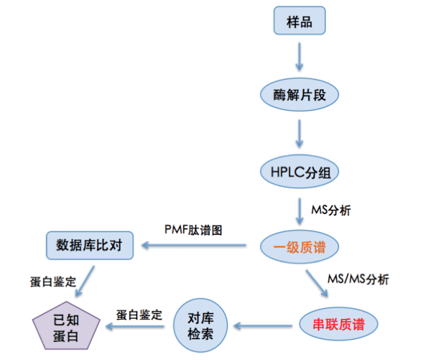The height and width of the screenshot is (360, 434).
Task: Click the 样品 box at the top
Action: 299,21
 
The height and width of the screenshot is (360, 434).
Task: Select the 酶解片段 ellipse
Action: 299,95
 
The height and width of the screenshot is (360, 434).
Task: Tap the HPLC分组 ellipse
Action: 299,171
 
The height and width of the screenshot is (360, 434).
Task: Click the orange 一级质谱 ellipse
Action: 299,247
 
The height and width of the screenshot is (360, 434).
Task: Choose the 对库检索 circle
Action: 201,326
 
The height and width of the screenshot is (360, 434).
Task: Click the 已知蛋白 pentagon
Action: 66,326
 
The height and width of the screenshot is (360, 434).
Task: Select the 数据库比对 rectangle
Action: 89,246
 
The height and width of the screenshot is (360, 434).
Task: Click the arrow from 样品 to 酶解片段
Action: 299,57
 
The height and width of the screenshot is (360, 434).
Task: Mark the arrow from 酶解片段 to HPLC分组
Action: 299,133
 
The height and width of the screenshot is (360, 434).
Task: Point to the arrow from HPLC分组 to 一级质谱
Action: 299,209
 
